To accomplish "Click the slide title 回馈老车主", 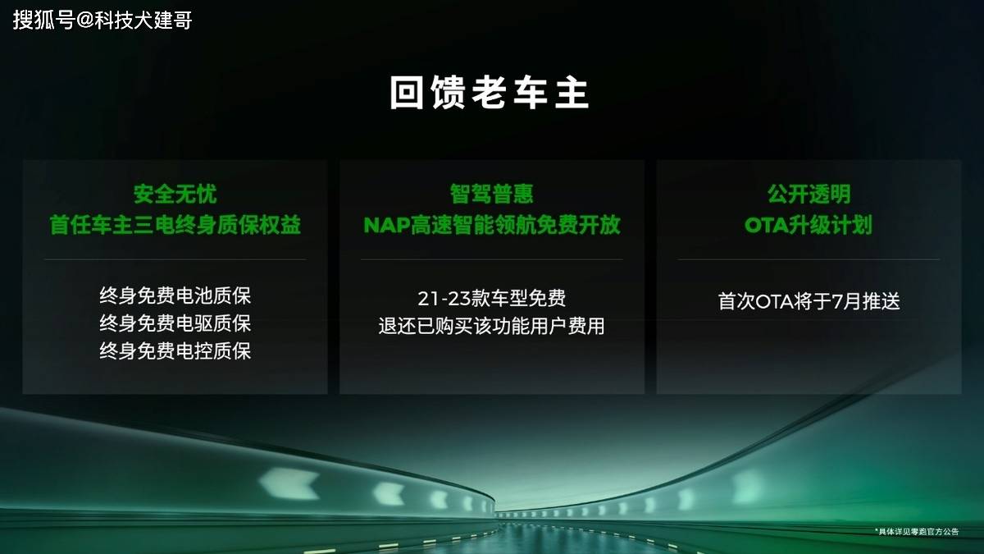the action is (x=489, y=92).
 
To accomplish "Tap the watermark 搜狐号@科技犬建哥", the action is (x=102, y=21).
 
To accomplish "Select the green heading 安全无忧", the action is (x=175, y=194).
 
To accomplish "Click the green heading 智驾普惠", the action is (x=491, y=194).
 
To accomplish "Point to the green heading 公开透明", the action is (x=809, y=194).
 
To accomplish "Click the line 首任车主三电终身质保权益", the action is (x=175, y=225).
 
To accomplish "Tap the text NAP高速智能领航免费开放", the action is (x=491, y=225).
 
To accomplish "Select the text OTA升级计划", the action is (x=809, y=225).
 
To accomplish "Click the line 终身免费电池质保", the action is (x=175, y=295).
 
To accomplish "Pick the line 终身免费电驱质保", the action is (x=175, y=323).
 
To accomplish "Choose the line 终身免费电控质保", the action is (x=175, y=351).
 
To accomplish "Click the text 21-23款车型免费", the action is (x=491, y=299).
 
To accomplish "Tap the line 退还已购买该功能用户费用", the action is (x=491, y=327).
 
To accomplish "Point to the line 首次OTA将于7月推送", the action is (x=809, y=302).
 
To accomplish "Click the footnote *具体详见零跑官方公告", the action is (x=917, y=532).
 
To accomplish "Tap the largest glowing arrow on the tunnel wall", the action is (x=289, y=483).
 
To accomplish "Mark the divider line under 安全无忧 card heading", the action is (x=175, y=260).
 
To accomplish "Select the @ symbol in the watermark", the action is (x=85, y=21).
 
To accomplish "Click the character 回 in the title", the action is (x=407, y=92).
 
